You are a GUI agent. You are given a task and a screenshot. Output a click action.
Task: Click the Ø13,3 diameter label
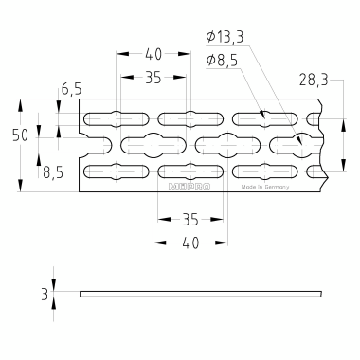click(x=225, y=37)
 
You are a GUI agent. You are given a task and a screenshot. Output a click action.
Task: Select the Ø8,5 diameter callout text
click(x=222, y=61)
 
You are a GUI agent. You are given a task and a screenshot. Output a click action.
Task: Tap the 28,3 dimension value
click(x=314, y=81)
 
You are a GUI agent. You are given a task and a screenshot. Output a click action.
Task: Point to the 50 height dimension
click(x=20, y=135)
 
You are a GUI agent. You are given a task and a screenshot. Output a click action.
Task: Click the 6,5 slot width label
click(x=71, y=89)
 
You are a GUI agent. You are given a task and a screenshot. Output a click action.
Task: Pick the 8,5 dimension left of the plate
click(x=53, y=173)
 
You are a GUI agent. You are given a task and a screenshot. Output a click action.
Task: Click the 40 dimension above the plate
click(x=153, y=54)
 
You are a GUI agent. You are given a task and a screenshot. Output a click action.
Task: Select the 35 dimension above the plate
click(x=153, y=78)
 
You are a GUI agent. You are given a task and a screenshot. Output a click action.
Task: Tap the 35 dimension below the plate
click(x=190, y=220)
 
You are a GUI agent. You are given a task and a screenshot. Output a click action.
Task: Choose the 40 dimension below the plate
click(x=190, y=243)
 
